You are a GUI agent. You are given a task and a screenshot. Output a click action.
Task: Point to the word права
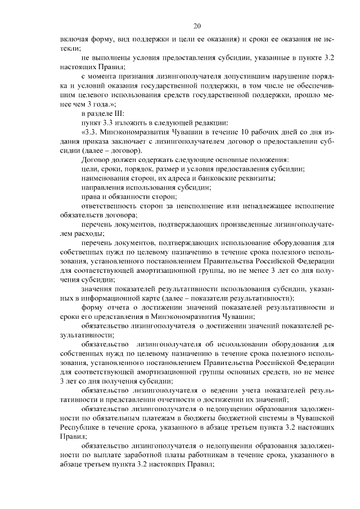tap(91, 196)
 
